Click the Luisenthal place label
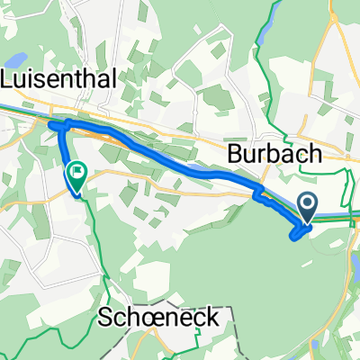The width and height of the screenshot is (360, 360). [60, 79]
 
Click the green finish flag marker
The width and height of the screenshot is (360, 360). [77, 171]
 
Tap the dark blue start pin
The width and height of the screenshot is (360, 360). [308, 206]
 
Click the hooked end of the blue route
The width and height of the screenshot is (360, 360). [294, 236]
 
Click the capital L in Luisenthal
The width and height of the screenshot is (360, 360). [10, 79]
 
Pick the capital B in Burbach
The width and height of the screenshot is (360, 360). [237, 154]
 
